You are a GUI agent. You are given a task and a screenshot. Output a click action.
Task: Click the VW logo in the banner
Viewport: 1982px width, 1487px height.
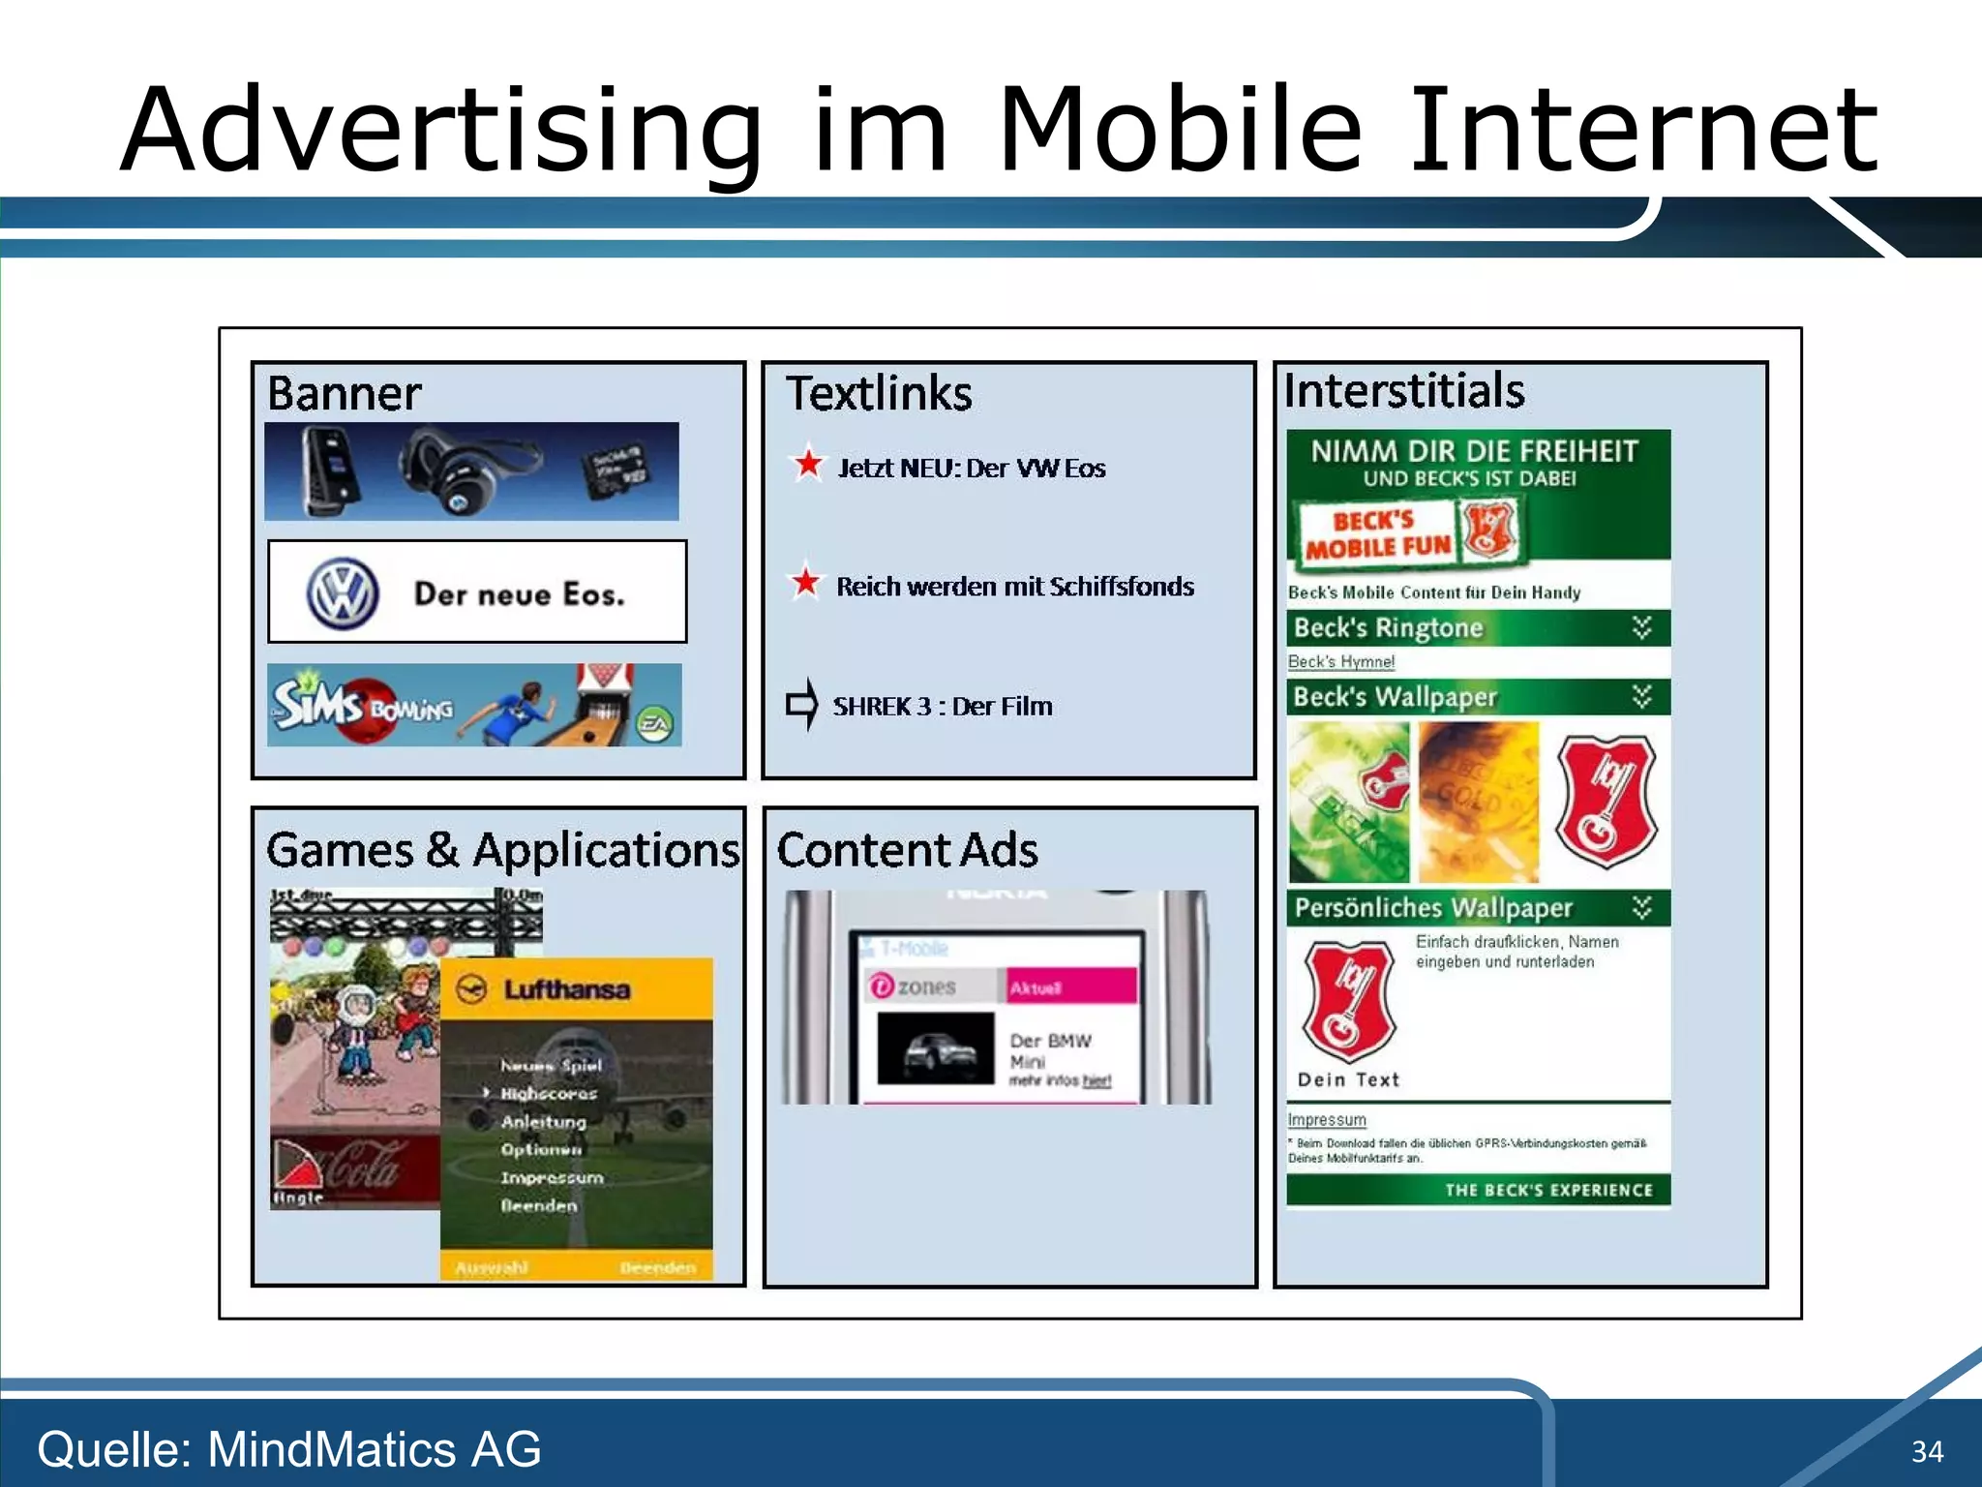pos(342,593)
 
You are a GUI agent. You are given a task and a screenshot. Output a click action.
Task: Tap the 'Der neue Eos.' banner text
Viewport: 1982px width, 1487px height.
pos(520,593)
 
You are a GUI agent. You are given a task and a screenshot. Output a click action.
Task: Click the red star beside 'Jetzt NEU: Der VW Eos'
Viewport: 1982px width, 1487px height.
pos(808,465)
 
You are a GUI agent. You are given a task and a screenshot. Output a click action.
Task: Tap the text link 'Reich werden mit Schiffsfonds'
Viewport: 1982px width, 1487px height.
pos(1014,587)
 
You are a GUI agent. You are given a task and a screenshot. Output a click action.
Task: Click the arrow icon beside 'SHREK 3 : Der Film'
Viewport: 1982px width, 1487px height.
pos(802,704)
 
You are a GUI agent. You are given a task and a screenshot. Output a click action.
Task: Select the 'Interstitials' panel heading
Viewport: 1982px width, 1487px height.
pos(1403,391)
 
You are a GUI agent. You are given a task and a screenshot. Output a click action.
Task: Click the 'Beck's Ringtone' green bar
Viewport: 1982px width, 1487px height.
pos(1477,628)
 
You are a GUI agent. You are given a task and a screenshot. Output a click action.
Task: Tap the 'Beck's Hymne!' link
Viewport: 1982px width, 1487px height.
pos(1340,662)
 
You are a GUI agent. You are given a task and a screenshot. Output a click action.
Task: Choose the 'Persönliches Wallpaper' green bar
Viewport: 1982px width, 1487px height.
pos(1477,907)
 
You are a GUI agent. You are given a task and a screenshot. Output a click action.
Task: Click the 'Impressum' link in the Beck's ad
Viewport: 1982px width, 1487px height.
pos(1326,1120)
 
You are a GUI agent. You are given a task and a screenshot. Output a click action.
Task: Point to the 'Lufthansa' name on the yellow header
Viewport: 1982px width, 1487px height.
pos(566,989)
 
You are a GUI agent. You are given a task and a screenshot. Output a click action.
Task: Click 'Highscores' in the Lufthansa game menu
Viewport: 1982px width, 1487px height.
pos(548,1093)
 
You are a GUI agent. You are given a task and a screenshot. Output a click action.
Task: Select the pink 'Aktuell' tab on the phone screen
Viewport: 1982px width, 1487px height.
pos(1070,986)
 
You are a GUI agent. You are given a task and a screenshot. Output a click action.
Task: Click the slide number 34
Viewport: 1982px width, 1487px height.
pos(1927,1451)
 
